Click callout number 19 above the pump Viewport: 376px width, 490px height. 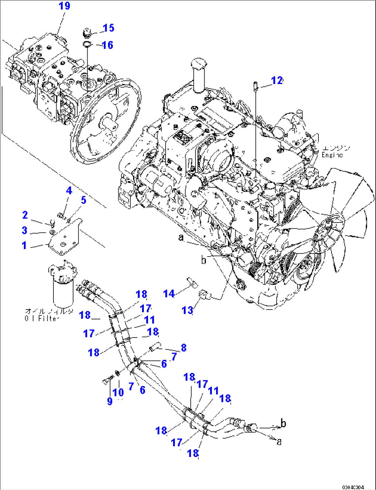(65, 6)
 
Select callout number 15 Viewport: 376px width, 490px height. (108, 28)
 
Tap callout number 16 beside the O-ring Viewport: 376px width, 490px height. (107, 45)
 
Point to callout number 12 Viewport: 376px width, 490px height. (277, 81)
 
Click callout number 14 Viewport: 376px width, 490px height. (169, 294)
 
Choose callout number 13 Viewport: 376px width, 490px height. (187, 310)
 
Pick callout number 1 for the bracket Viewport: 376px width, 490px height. (24, 246)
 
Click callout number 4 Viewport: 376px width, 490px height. (69, 191)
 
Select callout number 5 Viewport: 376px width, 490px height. (83, 200)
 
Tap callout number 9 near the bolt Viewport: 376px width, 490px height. (110, 401)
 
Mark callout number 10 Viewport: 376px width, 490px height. (118, 393)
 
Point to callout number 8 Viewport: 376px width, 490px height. (184, 348)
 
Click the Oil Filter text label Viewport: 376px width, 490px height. (41, 319)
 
